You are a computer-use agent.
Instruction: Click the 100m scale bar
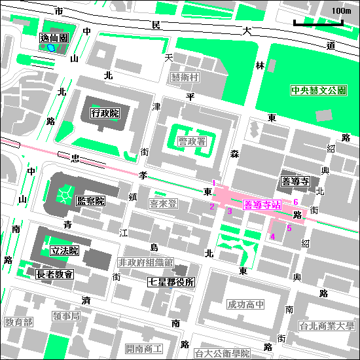[317, 24]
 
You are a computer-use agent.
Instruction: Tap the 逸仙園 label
[54, 39]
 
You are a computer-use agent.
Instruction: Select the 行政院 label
[105, 113]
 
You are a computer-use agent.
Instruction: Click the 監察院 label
[91, 200]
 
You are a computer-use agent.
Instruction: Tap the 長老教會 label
[55, 276]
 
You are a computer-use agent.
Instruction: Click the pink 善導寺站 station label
[262, 205]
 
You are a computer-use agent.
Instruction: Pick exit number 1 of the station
[213, 183]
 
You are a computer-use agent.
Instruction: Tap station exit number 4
[272, 236]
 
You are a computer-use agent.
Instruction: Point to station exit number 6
[296, 202]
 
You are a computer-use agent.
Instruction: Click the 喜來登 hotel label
[164, 204]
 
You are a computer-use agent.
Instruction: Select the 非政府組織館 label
[145, 262]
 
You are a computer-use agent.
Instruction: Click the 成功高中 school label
[246, 304]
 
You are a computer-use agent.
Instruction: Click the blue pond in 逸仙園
[50, 48]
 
